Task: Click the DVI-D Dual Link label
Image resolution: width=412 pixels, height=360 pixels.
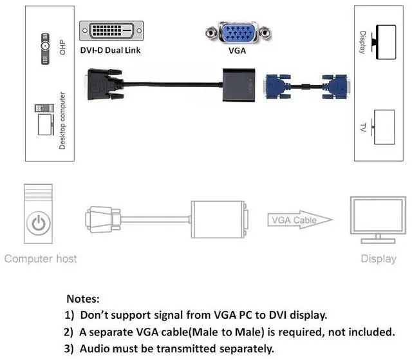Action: click(110, 50)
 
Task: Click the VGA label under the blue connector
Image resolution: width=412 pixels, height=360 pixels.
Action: click(238, 50)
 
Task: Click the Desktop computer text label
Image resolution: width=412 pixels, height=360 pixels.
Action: click(62, 121)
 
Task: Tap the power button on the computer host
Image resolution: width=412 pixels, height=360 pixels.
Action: click(39, 223)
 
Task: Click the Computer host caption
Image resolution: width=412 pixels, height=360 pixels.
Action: click(41, 259)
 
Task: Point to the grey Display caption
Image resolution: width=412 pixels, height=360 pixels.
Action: click(378, 259)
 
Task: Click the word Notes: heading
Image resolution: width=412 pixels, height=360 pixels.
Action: click(83, 299)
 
